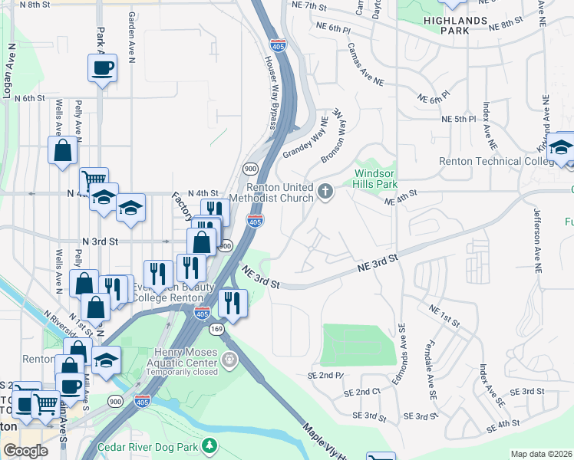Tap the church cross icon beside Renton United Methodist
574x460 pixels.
pos(325,190)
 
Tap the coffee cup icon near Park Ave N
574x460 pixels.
pos(102,67)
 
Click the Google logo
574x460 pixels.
pos(25,451)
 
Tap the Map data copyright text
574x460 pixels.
pos(542,454)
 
